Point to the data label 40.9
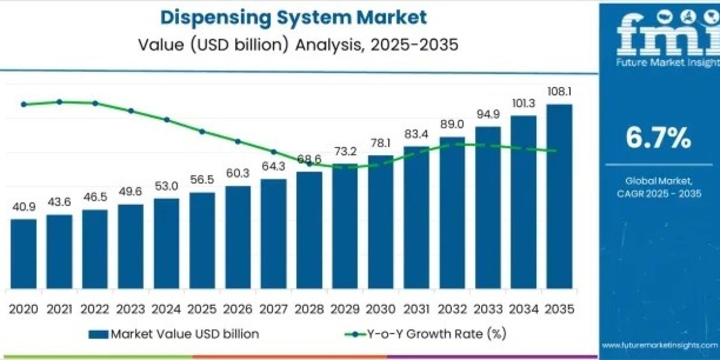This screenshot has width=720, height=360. pos(23,207)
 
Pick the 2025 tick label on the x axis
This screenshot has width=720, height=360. pos(202,309)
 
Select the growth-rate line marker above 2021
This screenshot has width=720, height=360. pos(59,102)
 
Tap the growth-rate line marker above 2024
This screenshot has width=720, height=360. pos(167,120)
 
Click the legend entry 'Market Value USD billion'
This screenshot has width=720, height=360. pos(174,334)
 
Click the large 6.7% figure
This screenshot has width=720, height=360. pos(658,138)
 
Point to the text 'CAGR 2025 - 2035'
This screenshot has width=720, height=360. pos(659,193)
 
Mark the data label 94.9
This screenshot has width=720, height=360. pos(487,115)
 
